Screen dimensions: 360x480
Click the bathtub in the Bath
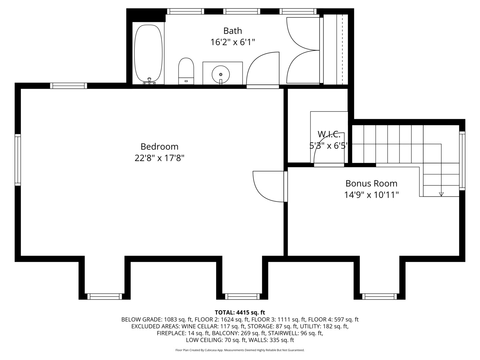click(148, 53)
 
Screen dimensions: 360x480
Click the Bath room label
click(232, 31)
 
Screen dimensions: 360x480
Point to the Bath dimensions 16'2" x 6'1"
click(232, 42)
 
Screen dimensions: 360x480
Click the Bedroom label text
click(159, 147)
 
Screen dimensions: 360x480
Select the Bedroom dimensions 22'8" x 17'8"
click(159, 158)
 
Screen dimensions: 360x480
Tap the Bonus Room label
click(371, 184)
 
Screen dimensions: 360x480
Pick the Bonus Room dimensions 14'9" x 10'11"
click(371, 195)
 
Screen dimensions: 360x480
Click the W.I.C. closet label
click(329, 135)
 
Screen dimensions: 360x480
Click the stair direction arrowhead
click(441, 194)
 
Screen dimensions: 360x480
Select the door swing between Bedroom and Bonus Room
click(267, 187)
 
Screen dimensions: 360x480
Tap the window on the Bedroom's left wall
click(18, 159)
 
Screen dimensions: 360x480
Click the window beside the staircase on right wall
click(462, 161)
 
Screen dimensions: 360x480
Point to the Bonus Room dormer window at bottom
click(379, 296)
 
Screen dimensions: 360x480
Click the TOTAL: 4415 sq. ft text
click(240, 312)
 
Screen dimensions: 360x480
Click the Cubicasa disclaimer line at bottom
click(240, 350)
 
